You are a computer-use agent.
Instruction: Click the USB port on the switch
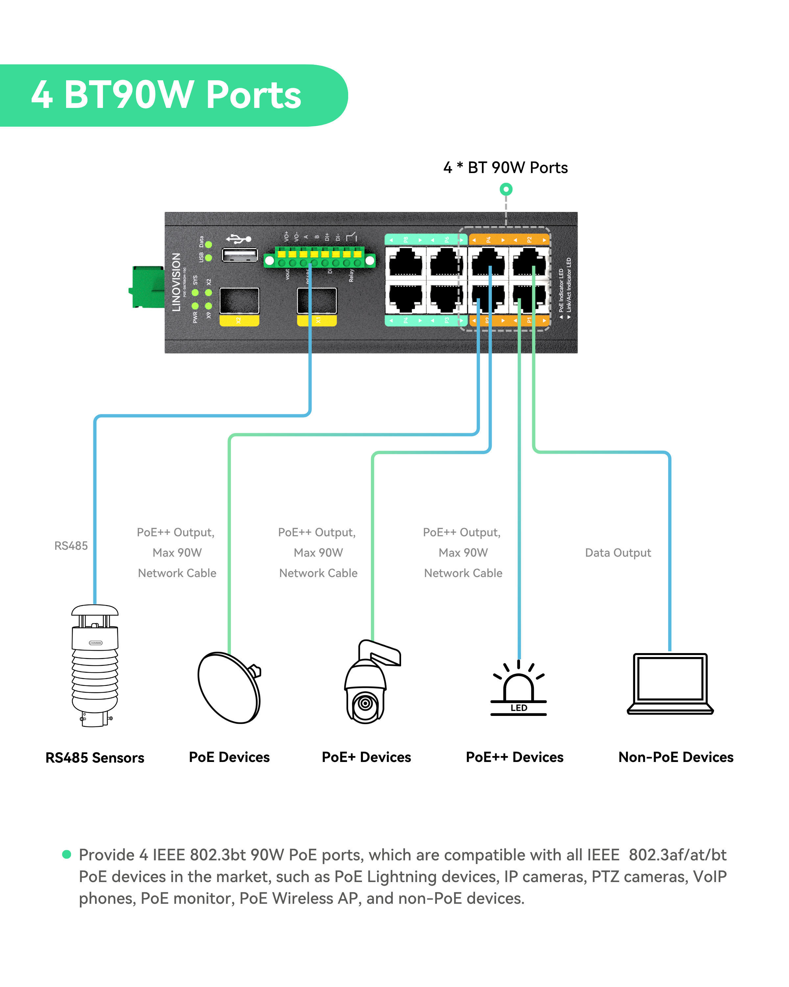[x=239, y=255]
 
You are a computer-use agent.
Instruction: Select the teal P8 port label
[x=405, y=240]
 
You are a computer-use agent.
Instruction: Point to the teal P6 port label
[x=447, y=240]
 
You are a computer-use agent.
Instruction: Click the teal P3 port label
[x=447, y=320]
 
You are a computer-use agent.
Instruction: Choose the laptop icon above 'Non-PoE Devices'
[x=670, y=683]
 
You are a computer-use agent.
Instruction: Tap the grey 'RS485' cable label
[x=71, y=546]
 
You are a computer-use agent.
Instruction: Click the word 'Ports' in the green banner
[x=253, y=95]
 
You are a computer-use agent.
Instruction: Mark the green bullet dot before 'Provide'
[x=67, y=854]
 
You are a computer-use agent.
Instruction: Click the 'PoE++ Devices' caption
[x=514, y=757]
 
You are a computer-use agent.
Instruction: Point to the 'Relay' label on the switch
[x=351, y=275]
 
